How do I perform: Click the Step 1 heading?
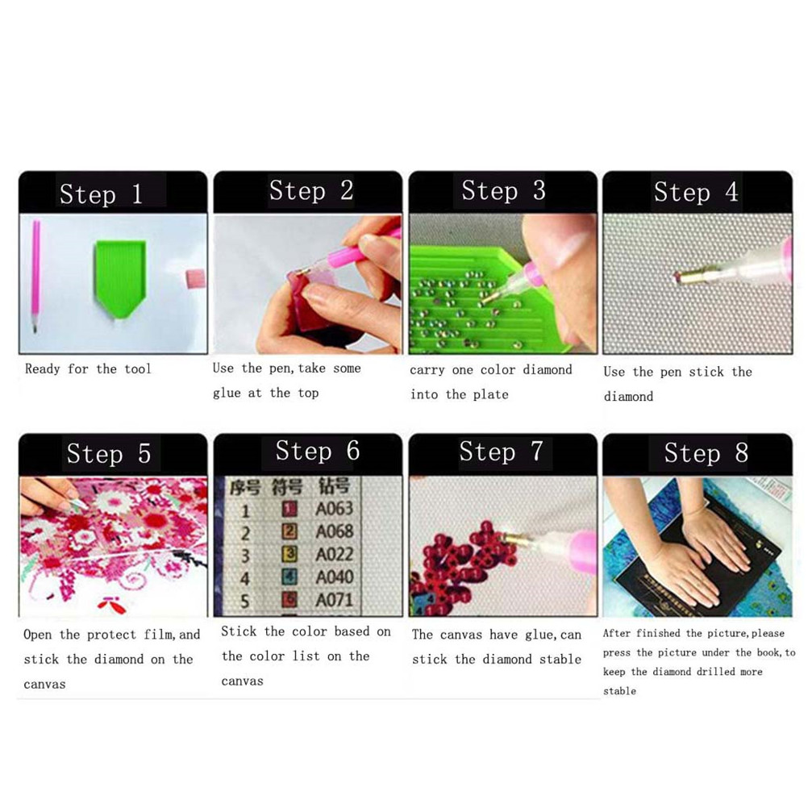101,194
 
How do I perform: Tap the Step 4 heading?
696,192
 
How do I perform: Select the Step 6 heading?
318,451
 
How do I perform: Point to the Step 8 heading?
706,453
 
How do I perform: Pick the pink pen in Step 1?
35,276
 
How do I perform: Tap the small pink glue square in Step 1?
195,279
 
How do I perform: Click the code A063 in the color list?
335,509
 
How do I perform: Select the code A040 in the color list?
335,577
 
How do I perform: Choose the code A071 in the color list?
335,600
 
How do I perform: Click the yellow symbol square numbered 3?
289,554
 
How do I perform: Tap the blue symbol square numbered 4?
289,577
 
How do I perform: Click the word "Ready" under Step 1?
42,369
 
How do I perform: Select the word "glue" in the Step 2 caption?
227,394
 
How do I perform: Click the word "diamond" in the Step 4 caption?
628,396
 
